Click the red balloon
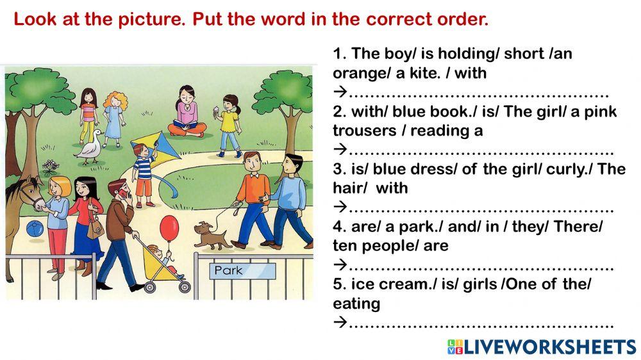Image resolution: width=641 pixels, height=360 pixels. (x=169, y=225)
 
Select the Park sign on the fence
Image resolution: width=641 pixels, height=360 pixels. (x=229, y=270)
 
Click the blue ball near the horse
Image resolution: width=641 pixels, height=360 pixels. (x=35, y=228)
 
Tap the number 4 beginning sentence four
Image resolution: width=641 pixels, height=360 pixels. (x=337, y=226)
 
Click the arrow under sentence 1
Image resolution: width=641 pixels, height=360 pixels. (x=340, y=92)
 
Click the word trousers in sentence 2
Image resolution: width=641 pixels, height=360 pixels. (x=362, y=131)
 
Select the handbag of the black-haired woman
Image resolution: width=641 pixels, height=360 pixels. (x=94, y=228)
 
